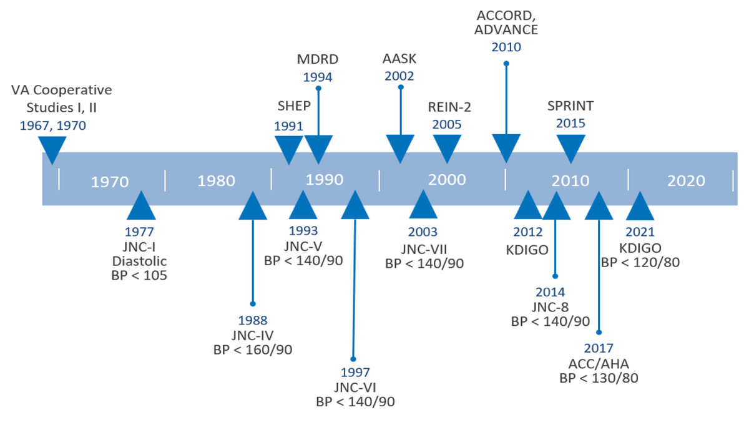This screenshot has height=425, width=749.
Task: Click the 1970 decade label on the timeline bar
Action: (110, 182)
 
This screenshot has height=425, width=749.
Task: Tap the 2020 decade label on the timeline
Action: (686, 181)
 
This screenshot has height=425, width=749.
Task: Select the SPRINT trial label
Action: (570, 106)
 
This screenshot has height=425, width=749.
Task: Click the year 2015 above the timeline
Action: (570, 124)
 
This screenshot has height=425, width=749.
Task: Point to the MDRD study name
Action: (318, 59)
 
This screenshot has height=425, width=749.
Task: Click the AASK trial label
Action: (399, 59)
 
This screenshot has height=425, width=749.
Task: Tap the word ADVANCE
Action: (506, 30)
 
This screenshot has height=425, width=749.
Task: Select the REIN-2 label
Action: (449, 107)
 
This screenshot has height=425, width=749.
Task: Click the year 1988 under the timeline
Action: (252, 321)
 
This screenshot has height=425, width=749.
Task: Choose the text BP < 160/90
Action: (252, 349)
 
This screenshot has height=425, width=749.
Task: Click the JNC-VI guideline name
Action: (355, 388)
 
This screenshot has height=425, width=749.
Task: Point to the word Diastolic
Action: (139, 261)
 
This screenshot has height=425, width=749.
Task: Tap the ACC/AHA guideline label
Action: (599, 364)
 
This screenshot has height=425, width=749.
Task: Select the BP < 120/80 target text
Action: (640, 263)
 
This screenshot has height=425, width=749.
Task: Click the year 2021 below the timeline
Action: (640, 232)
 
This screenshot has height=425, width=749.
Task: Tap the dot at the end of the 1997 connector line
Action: (353, 359)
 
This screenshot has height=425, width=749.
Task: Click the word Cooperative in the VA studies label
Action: (72, 90)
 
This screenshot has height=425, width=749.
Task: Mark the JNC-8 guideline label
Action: (550, 307)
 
